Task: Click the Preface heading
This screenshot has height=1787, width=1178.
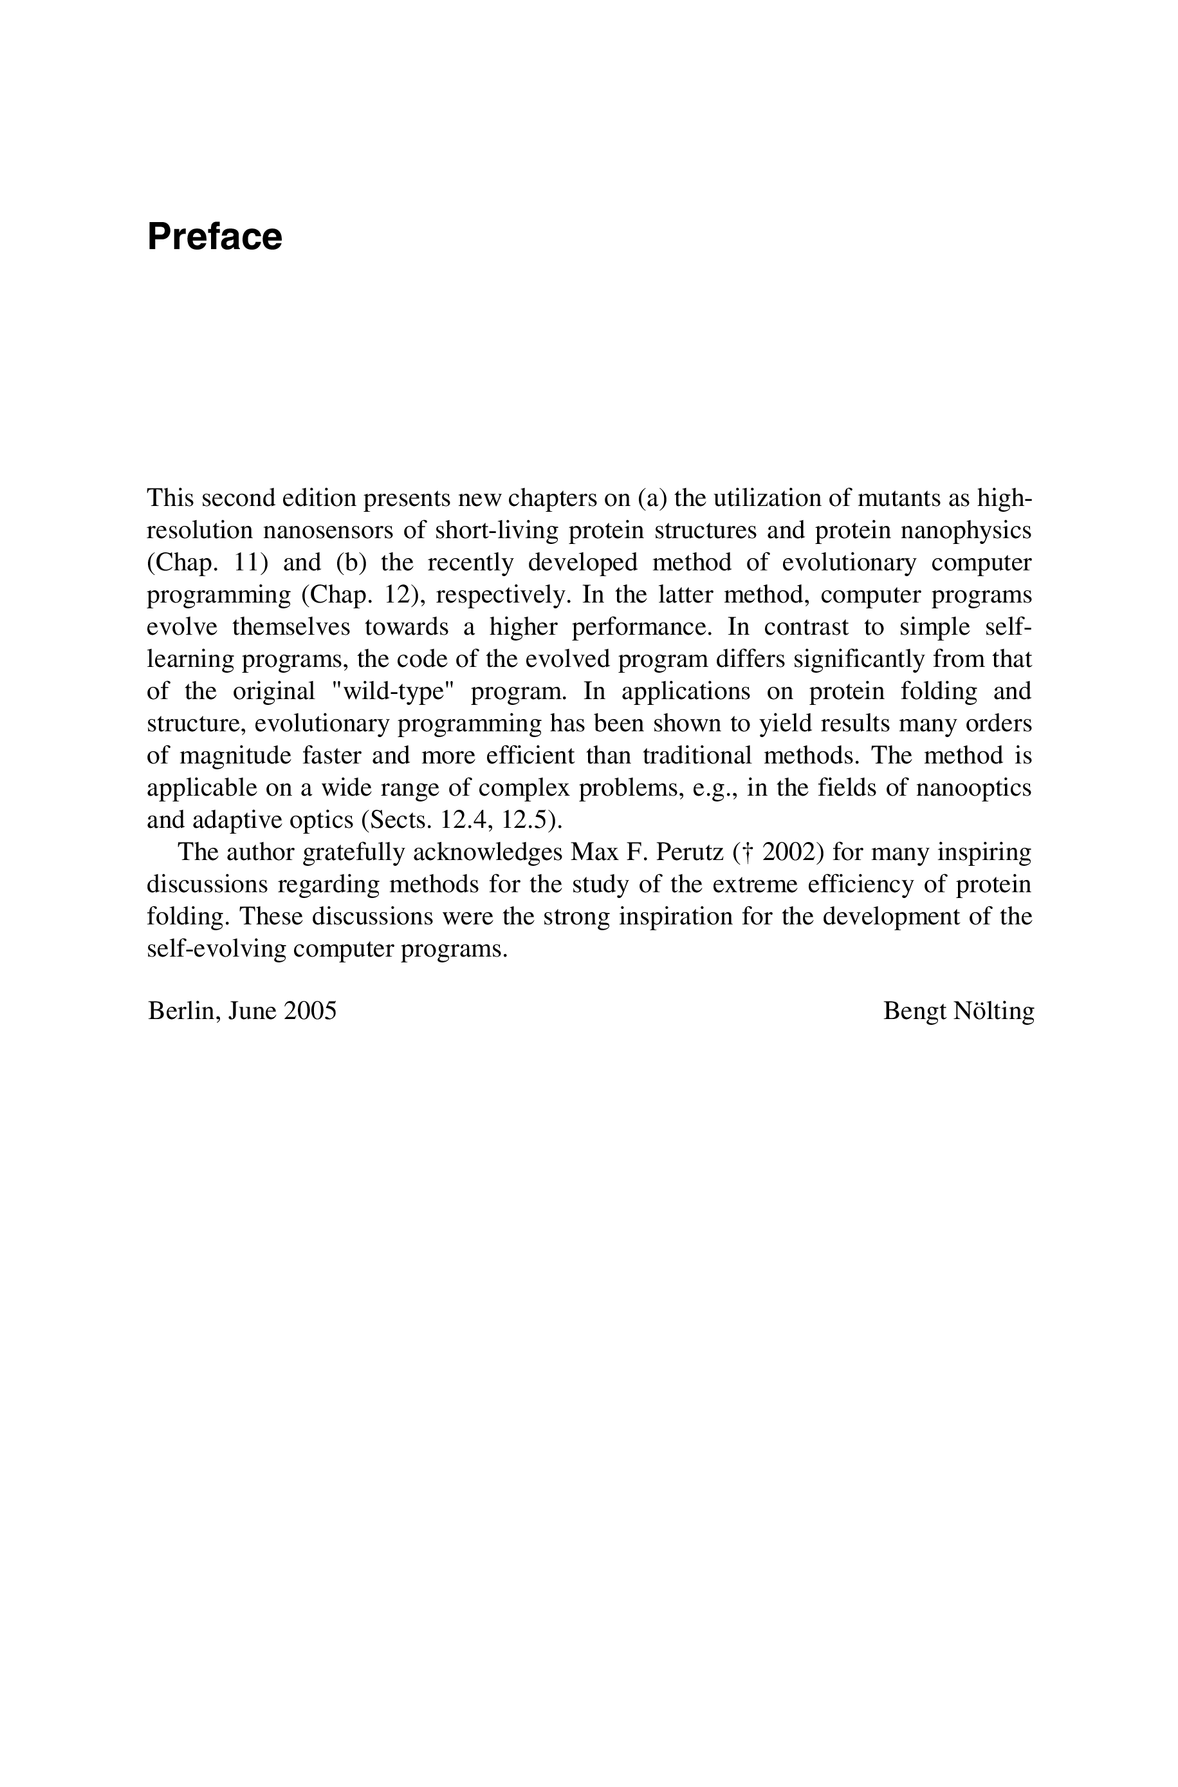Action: point(215,237)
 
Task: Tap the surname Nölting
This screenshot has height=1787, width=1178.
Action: point(993,1011)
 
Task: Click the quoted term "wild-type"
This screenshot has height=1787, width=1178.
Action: point(393,691)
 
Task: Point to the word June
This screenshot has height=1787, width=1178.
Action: point(252,1011)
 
